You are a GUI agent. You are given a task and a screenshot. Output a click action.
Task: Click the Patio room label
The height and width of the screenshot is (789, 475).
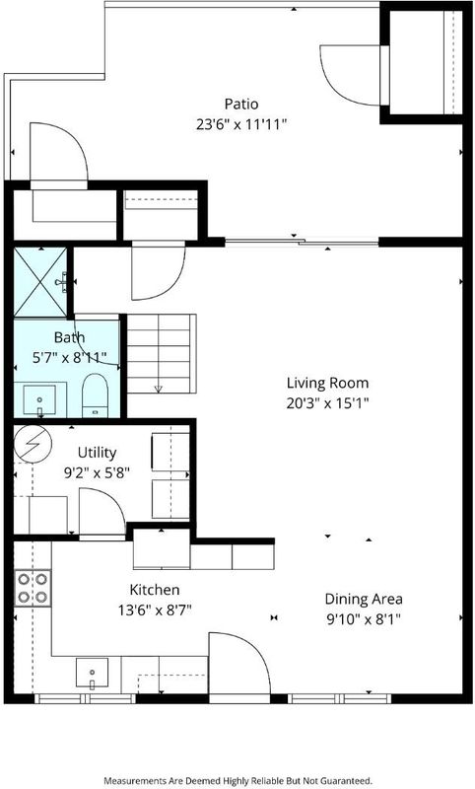point(241,105)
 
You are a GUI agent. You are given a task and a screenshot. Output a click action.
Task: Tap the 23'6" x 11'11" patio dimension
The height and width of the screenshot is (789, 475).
point(241,125)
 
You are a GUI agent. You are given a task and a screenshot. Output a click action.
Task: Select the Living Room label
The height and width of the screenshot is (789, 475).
point(328,383)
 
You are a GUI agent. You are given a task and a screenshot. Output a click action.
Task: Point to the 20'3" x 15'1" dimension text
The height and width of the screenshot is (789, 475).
point(328,403)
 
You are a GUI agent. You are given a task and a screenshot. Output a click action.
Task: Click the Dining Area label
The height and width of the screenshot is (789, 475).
point(364,599)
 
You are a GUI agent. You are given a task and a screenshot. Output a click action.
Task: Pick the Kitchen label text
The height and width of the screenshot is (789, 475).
point(155,590)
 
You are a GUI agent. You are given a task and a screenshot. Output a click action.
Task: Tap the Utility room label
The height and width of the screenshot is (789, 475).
point(97,453)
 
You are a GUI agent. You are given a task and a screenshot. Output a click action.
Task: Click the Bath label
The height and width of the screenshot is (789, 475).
point(69,337)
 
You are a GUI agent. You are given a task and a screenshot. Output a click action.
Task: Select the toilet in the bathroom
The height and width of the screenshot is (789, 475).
point(95,395)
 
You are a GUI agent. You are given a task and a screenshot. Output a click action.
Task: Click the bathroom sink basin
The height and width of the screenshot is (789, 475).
point(39,400)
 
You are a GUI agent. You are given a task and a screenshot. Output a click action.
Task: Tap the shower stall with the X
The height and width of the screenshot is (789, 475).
point(40,282)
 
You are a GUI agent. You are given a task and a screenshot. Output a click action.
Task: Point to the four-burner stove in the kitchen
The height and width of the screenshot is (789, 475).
point(33,588)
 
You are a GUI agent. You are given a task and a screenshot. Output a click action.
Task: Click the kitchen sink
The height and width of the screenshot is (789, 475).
point(92,673)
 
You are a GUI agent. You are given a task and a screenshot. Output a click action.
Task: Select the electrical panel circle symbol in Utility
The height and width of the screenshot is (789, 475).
point(33,444)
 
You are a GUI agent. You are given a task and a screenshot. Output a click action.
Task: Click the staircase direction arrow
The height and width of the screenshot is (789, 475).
point(159,388)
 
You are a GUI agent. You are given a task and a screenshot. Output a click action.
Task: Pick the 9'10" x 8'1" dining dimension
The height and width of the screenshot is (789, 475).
point(364,619)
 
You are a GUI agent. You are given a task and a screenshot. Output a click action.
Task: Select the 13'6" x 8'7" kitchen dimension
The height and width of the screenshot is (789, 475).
point(155,610)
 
